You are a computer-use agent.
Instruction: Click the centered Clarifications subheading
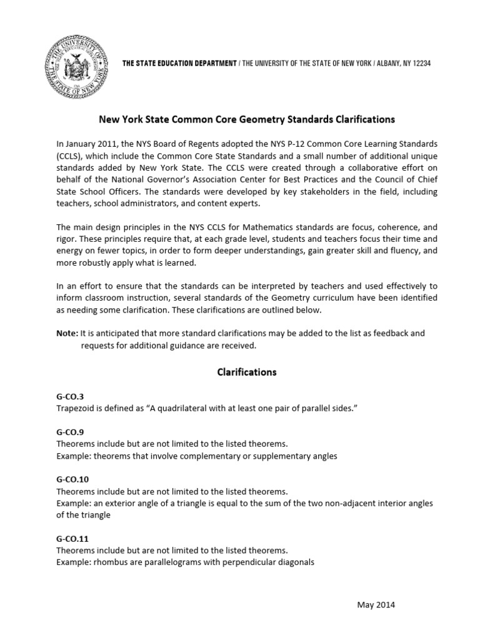(x=246, y=372)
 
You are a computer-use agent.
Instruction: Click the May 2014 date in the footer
(x=376, y=604)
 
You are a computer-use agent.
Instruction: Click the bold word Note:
(x=67, y=334)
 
